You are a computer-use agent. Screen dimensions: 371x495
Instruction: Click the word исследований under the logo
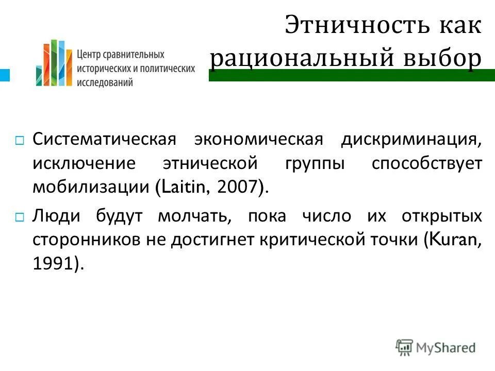(x=105, y=81)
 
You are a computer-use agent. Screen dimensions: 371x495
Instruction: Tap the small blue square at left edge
(x=5, y=75)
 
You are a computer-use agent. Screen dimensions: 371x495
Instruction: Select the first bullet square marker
(x=19, y=141)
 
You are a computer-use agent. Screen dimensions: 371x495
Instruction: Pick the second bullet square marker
(x=19, y=217)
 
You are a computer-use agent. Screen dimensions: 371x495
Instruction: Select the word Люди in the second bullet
(x=56, y=216)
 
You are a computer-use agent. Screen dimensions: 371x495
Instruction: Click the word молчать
(x=194, y=216)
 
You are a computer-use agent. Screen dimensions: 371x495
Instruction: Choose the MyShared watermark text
(x=446, y=348)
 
